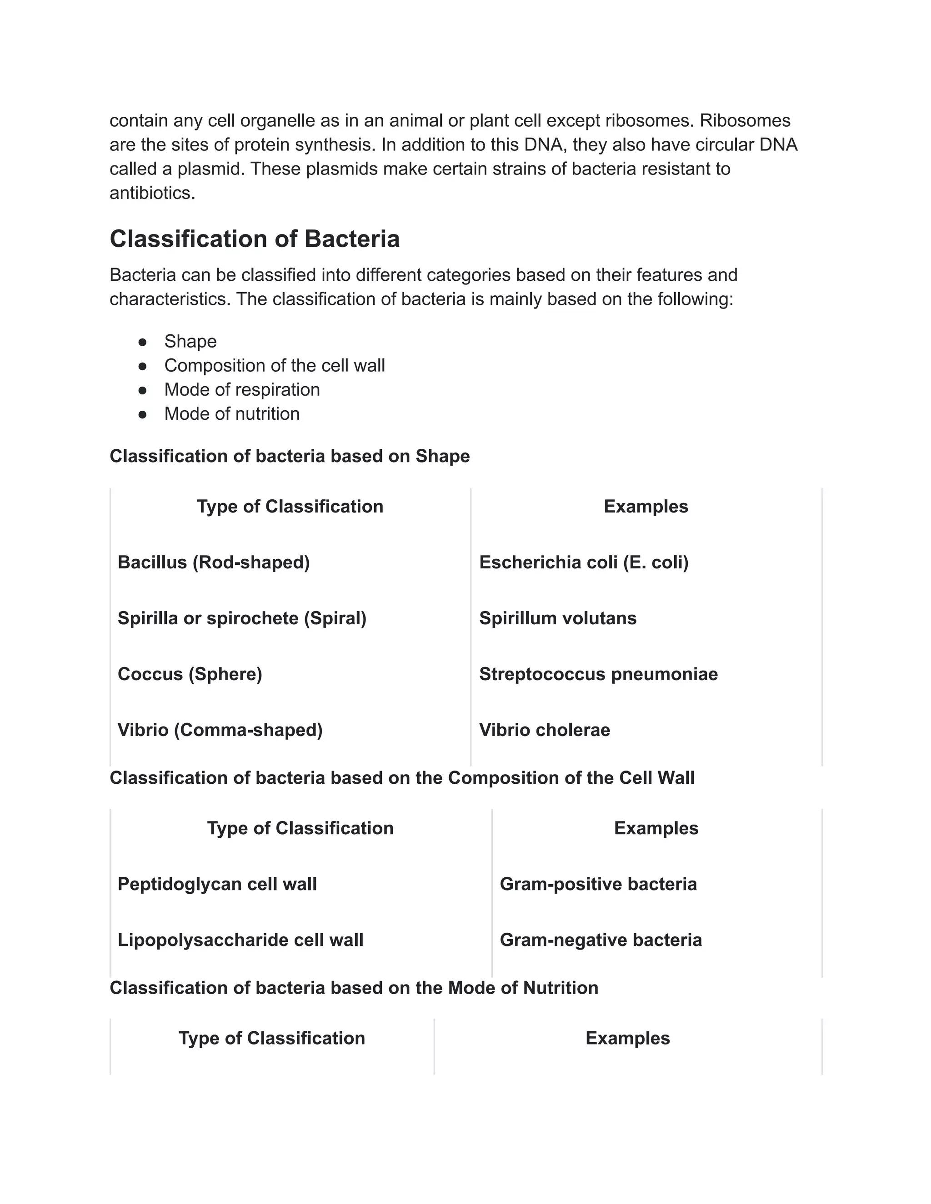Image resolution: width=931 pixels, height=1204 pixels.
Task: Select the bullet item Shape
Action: (x=190, y=341)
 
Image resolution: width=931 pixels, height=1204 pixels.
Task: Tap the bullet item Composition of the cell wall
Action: (x=274, y=365)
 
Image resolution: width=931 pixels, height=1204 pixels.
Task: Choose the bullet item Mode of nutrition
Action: (x=232, y=414)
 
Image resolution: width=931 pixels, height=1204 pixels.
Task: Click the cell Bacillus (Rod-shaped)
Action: (x=214, y=562)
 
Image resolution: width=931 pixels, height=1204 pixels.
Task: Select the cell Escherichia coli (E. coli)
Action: (x=584, y=562)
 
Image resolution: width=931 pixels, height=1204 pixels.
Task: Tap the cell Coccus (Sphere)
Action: (x=190, y=674)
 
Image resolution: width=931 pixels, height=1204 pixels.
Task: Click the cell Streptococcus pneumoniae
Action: (x=598, y=674)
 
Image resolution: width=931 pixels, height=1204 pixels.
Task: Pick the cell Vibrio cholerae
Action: (x=544, y=730)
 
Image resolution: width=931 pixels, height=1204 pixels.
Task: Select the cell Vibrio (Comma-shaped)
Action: (x=220, y=730)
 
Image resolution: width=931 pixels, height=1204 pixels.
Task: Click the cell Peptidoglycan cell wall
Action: (x=217, y=884)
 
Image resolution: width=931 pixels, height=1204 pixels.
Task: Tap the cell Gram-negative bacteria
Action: (x=601, y=940)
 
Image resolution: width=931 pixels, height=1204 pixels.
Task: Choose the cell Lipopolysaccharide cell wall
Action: (x=240, y=940)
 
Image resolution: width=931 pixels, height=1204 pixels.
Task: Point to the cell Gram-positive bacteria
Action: (x=598, y=884)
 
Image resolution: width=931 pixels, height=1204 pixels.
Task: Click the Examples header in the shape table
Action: (x=646, y=507)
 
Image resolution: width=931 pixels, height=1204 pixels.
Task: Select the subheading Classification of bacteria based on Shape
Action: (x=290, y=457)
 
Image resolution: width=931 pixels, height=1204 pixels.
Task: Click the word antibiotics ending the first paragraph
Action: (x=152, y=194)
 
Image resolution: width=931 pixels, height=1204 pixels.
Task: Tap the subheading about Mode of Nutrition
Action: (x=354, y=987)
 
